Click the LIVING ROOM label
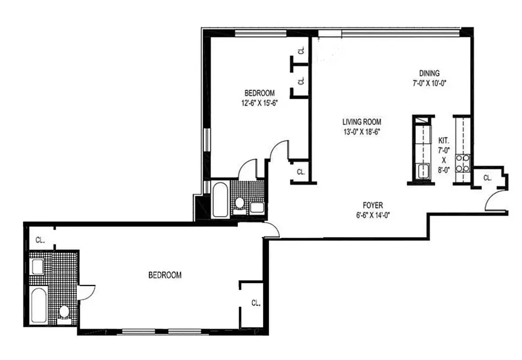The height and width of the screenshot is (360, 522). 361,121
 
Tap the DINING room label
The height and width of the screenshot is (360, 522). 429,73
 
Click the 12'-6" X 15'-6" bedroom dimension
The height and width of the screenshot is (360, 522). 259,102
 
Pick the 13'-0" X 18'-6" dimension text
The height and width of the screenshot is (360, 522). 361,131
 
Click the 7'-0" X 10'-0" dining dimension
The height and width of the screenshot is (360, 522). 429,83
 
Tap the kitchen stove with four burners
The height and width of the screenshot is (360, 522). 463,163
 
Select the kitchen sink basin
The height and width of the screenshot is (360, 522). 423,171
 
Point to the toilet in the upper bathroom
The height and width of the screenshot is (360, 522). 239,203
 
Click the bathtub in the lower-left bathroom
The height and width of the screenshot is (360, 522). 37,305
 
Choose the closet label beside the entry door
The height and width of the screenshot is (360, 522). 487,178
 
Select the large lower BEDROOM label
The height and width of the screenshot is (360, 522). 165,275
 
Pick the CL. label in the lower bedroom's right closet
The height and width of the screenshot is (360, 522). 255,303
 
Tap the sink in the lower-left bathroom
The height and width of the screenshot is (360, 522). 37,266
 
